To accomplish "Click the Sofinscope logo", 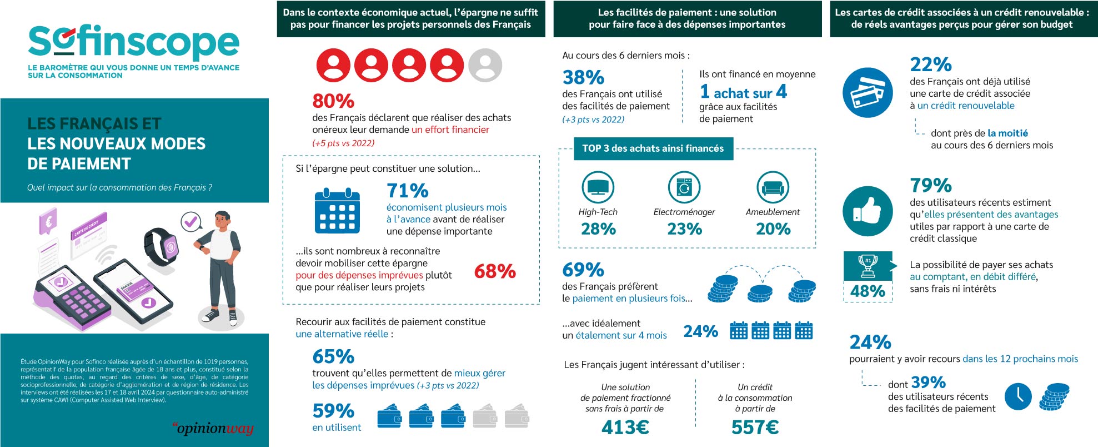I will click(133, 43).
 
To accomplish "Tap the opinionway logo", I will click(213, 428).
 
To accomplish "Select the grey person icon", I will click(485, 65).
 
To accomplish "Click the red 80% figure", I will click(333, 101).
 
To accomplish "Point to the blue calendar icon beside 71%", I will click(337, 211).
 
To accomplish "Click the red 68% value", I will click(495, 271).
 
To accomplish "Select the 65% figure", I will click(333, 356).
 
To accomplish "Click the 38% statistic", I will click(583, 77).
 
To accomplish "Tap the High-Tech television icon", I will click(598, 187).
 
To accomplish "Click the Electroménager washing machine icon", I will click(684, 187).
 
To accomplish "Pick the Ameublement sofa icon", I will click(773, 187).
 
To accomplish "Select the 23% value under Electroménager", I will click(684, 229).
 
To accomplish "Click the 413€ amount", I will click(625, 427).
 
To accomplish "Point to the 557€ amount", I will click(755, 427).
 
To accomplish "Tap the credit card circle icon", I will click(868, 92).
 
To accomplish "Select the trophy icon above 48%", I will click(868, 266).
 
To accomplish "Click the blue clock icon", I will click(1018, 396).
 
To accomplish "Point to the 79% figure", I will click(931, 185).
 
